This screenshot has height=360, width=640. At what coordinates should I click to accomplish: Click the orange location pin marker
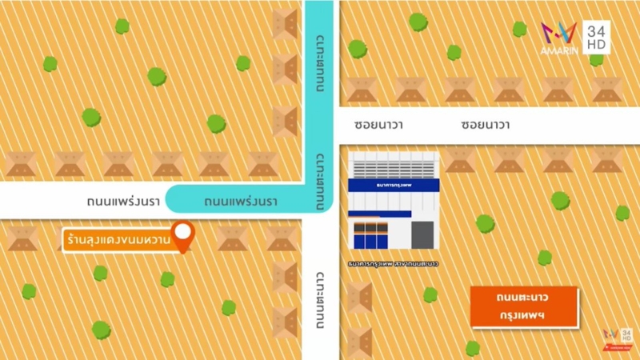coord(185,235)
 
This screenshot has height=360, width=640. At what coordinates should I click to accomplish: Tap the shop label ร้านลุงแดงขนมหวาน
coord(118,238)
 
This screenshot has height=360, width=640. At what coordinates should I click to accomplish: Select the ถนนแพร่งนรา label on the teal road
coord(241,200)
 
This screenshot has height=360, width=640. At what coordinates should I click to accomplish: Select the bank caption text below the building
coord(393,262)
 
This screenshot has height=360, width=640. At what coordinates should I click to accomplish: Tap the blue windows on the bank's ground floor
coord(370,235)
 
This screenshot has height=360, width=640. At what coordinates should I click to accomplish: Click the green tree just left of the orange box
coord(430,295)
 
